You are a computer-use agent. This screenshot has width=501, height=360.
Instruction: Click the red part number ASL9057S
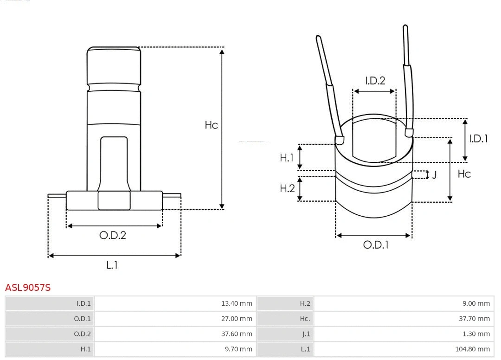[28, 288]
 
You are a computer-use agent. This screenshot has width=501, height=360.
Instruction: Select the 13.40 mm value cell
[237, 303]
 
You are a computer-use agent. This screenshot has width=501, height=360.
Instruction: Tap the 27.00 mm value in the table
[237, 319]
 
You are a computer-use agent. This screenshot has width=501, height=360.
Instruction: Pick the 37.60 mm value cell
[237, 334]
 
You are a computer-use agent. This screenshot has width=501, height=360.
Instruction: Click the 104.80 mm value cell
[472, 349]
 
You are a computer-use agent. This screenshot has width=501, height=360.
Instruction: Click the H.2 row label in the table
[305, 303]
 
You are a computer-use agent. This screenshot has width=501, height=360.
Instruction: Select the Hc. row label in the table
[304, 319]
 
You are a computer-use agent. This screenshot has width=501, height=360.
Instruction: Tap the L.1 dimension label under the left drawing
[112, 265]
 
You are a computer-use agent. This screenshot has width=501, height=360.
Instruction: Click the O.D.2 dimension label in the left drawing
[113, 235]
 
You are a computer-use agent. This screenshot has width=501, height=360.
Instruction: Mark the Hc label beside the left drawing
[211, 125]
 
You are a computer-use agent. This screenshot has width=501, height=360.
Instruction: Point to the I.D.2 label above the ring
[375, 81]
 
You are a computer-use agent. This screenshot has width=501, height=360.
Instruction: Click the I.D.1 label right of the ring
[478, 138]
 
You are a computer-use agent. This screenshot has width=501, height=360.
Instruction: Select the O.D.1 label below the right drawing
[376, 245]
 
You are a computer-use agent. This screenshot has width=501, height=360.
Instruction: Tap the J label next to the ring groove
[434, 175]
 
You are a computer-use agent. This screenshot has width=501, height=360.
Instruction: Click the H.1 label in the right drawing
[287, 158]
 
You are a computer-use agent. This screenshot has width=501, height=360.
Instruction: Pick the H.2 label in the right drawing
[287, 188]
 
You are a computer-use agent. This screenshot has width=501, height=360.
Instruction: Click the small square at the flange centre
[114, 200]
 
